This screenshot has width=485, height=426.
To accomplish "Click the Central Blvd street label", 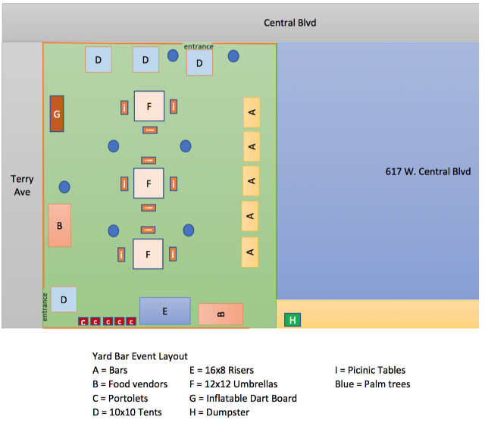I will [289, 23].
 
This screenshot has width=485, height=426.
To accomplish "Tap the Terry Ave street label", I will [22, 186].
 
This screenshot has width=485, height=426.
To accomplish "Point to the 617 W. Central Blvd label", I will [428, 171].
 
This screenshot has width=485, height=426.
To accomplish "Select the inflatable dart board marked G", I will [57, 114].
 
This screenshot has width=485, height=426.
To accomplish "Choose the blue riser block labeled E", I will [164, 311].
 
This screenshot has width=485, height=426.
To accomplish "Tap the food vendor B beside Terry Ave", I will [59, 225].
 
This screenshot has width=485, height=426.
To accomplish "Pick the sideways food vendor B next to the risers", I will [221, 314].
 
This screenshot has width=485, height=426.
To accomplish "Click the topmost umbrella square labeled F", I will [149, 106].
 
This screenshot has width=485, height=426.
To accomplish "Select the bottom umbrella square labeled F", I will [149, 254].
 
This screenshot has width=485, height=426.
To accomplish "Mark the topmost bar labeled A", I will [252, 112].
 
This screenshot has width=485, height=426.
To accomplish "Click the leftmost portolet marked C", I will [83, 321].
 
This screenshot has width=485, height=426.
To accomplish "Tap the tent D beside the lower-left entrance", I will [64, 299].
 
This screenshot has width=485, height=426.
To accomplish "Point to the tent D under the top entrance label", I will [199, 63].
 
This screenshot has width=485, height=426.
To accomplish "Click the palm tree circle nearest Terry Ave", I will [64, 186].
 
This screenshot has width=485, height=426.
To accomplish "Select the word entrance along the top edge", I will [199, 46].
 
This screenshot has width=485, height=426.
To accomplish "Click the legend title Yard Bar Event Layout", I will [139, 356].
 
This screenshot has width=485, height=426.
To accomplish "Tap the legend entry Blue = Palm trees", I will [372, 384].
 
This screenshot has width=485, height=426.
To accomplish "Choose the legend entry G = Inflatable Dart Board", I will [242, 398].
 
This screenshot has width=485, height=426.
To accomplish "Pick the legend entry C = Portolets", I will [120, 398].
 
